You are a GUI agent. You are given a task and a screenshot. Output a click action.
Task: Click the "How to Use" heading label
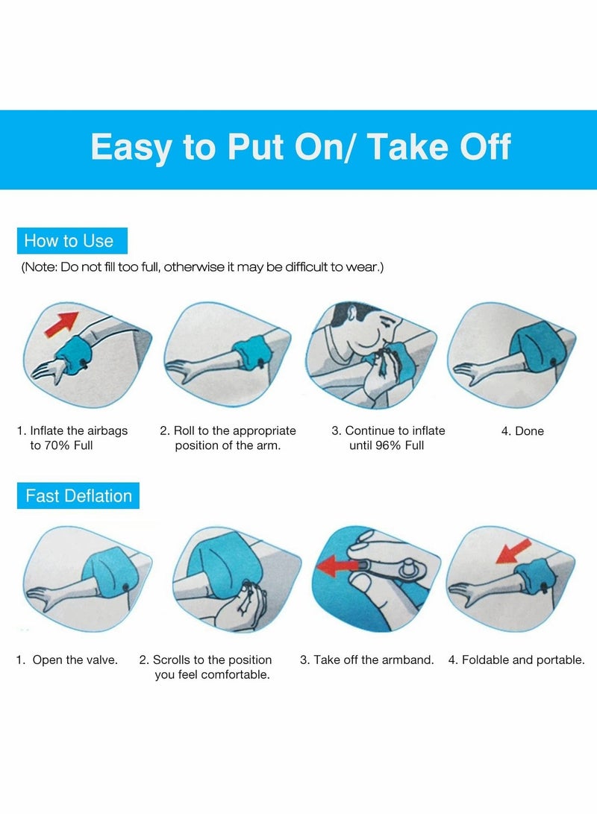click(72, 241)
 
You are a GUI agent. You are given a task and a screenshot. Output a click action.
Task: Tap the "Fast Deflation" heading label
click(78, 495)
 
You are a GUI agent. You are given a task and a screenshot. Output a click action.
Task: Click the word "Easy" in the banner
click(131, 148)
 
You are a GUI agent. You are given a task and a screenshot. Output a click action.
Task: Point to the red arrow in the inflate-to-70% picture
click(62, 323)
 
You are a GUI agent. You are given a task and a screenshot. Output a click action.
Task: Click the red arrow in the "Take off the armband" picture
click(337, 565)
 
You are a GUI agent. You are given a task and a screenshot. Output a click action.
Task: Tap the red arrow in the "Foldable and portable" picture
click(513, 551)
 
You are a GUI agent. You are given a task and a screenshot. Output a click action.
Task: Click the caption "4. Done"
click(522, 431)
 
